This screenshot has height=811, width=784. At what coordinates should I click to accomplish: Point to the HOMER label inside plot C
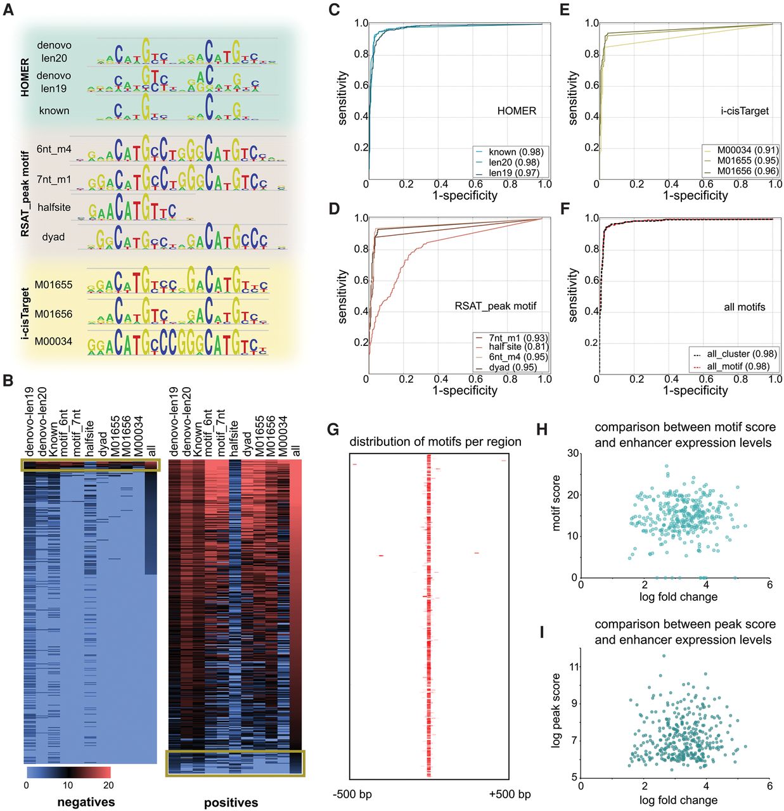(x=517, y=111)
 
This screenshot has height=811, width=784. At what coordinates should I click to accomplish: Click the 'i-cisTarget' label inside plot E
(x=745, y=111)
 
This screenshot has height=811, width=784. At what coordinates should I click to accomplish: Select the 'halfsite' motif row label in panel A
(x=54, y=207)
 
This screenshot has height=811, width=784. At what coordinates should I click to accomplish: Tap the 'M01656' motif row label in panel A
(x=53, y=314)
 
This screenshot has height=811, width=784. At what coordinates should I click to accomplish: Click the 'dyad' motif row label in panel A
(x=53, y=237)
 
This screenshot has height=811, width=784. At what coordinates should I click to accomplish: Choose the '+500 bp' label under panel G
(x=510, y=795)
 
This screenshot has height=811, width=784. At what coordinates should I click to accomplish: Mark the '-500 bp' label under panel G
(x=352, y=795)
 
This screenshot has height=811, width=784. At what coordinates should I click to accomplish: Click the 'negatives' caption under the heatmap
(x=86, y=802)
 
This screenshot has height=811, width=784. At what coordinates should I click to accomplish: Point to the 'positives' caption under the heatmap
(x=231, y=803)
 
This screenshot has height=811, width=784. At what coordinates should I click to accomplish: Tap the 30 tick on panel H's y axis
(x=573, y=454)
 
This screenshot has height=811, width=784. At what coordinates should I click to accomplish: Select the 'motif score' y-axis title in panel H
(x=556, y=503)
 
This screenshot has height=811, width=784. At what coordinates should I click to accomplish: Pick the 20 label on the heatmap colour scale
(x=108, y=786)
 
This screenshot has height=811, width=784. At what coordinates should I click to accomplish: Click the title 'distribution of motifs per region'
(x=435, y=442)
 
